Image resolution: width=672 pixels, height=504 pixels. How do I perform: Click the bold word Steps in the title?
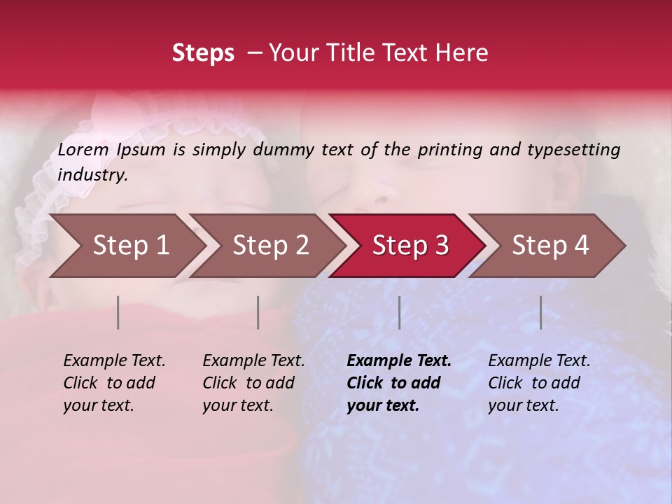point(203,53)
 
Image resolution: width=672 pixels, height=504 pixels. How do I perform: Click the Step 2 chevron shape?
point(269,246)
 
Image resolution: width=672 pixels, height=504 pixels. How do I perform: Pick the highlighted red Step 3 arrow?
point(409,246)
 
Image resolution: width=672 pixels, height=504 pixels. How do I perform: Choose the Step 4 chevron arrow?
point(549,246)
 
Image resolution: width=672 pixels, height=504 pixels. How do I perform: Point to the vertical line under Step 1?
point(118,312)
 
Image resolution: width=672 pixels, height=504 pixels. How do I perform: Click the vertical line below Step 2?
point(258,312)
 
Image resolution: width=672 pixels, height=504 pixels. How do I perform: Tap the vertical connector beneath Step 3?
point(400,312)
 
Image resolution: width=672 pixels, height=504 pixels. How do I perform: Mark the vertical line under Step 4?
point(541,312)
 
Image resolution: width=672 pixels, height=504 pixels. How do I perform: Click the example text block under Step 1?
point(114,383)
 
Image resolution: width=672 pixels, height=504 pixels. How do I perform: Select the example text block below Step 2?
point(253,383)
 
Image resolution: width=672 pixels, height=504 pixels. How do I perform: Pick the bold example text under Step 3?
point(399,383)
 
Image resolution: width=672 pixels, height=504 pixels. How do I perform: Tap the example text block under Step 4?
point(539,383)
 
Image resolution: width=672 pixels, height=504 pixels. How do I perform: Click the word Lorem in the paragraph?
point(83,150)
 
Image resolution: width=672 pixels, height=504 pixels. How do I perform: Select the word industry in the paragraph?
point(92,175)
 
